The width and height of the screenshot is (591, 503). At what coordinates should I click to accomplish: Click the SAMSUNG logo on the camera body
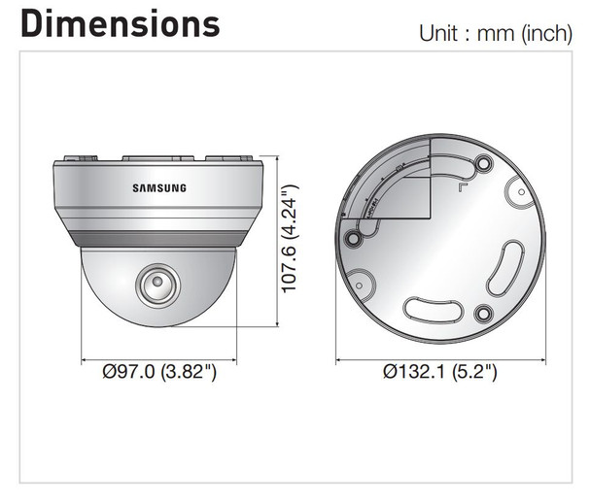158,188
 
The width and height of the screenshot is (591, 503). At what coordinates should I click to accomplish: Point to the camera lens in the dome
155,285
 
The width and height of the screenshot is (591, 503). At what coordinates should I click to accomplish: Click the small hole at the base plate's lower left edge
360,286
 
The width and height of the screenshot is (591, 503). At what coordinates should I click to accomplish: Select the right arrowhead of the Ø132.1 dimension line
541,354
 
